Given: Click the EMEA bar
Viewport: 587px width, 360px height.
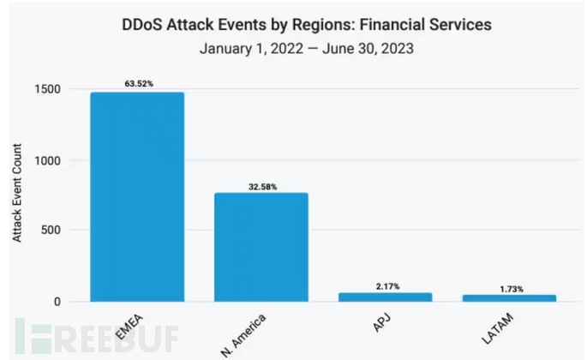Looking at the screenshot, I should tap(137, 197).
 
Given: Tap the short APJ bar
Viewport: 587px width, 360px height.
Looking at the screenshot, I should tap(385, 297).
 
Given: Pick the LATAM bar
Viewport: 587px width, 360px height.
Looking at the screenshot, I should tap(509, 297).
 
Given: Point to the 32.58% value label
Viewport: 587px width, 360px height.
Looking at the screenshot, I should tap(261, 186).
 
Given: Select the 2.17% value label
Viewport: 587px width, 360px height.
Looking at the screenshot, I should tap(385, 285).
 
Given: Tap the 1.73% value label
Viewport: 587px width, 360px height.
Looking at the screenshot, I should tap(509, 288).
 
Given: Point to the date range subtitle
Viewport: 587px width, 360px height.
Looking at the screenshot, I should tap(306, 49).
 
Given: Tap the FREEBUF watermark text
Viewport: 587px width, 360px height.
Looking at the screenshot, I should tap(111, 337).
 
